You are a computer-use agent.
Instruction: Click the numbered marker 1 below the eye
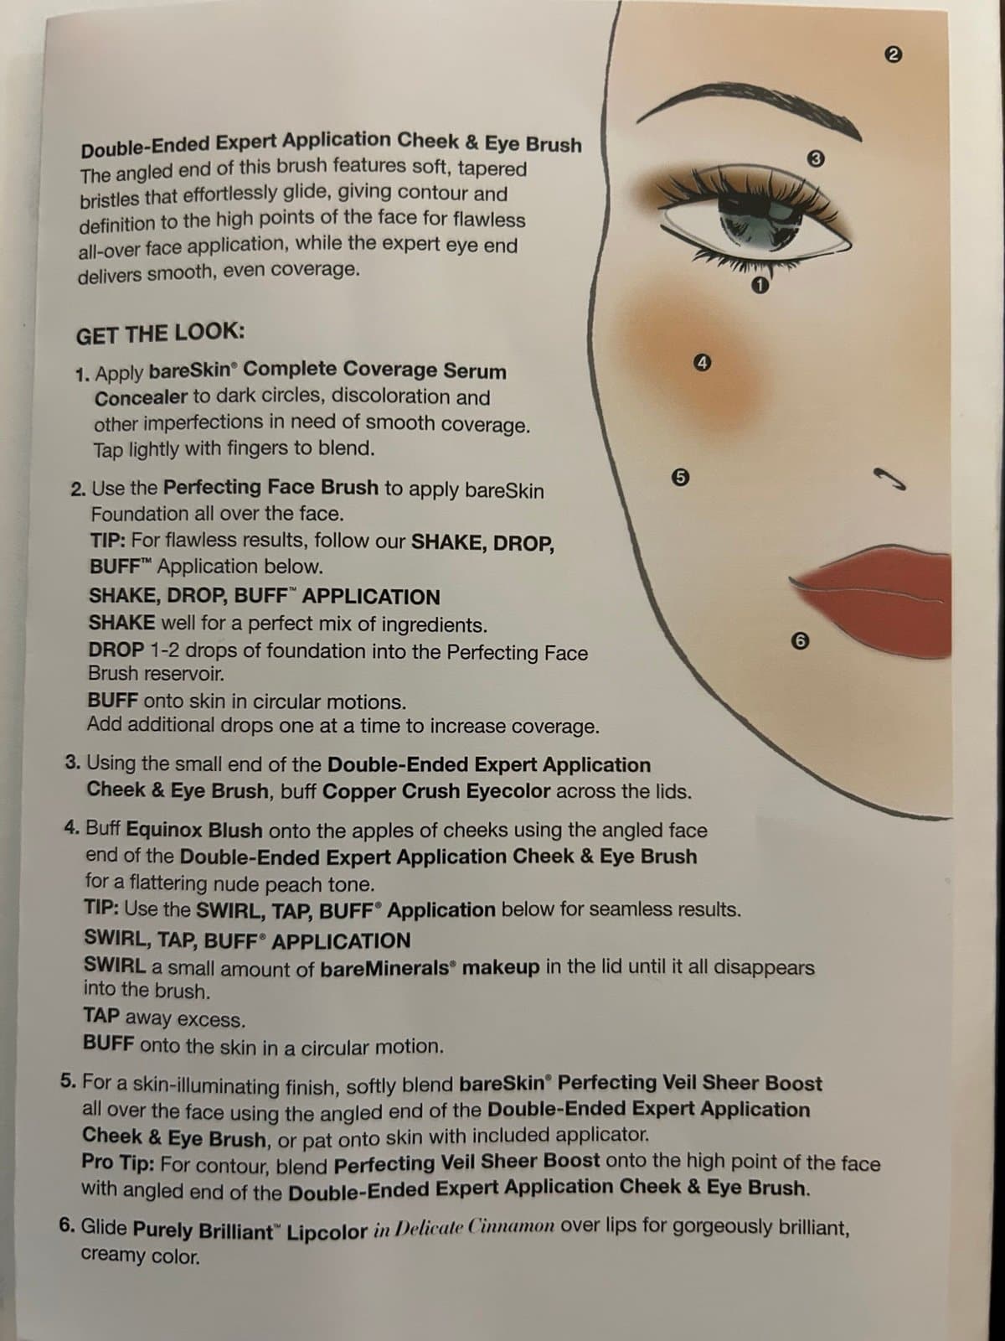pos(760,285)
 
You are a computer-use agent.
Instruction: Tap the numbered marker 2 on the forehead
pos(892,55)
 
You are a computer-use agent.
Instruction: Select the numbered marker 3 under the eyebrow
pos(816,159)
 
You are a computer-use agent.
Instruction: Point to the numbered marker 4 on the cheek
pos(703,363)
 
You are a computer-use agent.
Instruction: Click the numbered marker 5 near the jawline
pos(680,477)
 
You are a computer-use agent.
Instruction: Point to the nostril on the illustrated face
pos(890,479)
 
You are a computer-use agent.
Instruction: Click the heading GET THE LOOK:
pos(161,334)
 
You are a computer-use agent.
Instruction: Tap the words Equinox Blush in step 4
pos(194,831)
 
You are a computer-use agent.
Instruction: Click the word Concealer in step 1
pos(141,398)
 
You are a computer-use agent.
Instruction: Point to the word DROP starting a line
pos(116,650)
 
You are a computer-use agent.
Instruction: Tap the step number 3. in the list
pos(73,763)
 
